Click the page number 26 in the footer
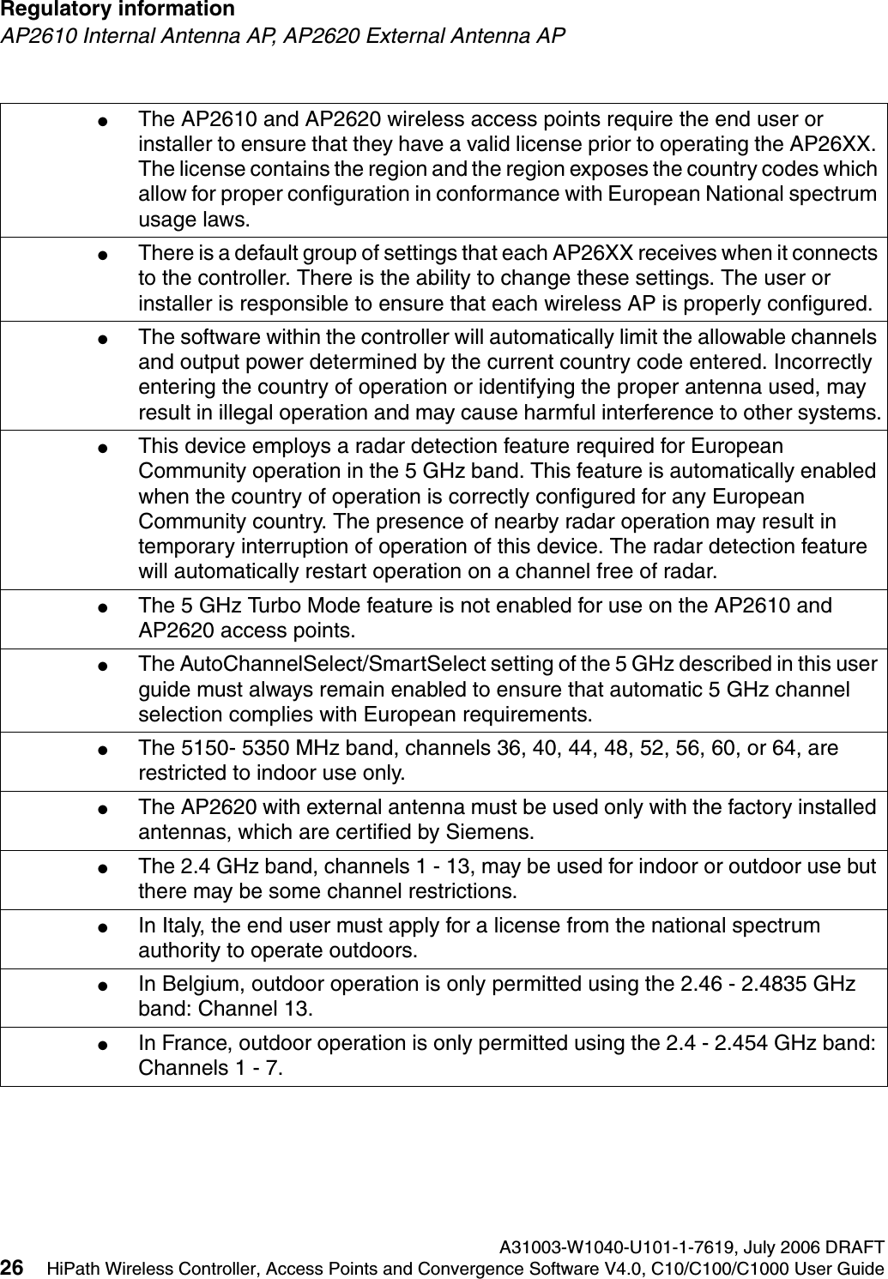[12, 1268]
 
